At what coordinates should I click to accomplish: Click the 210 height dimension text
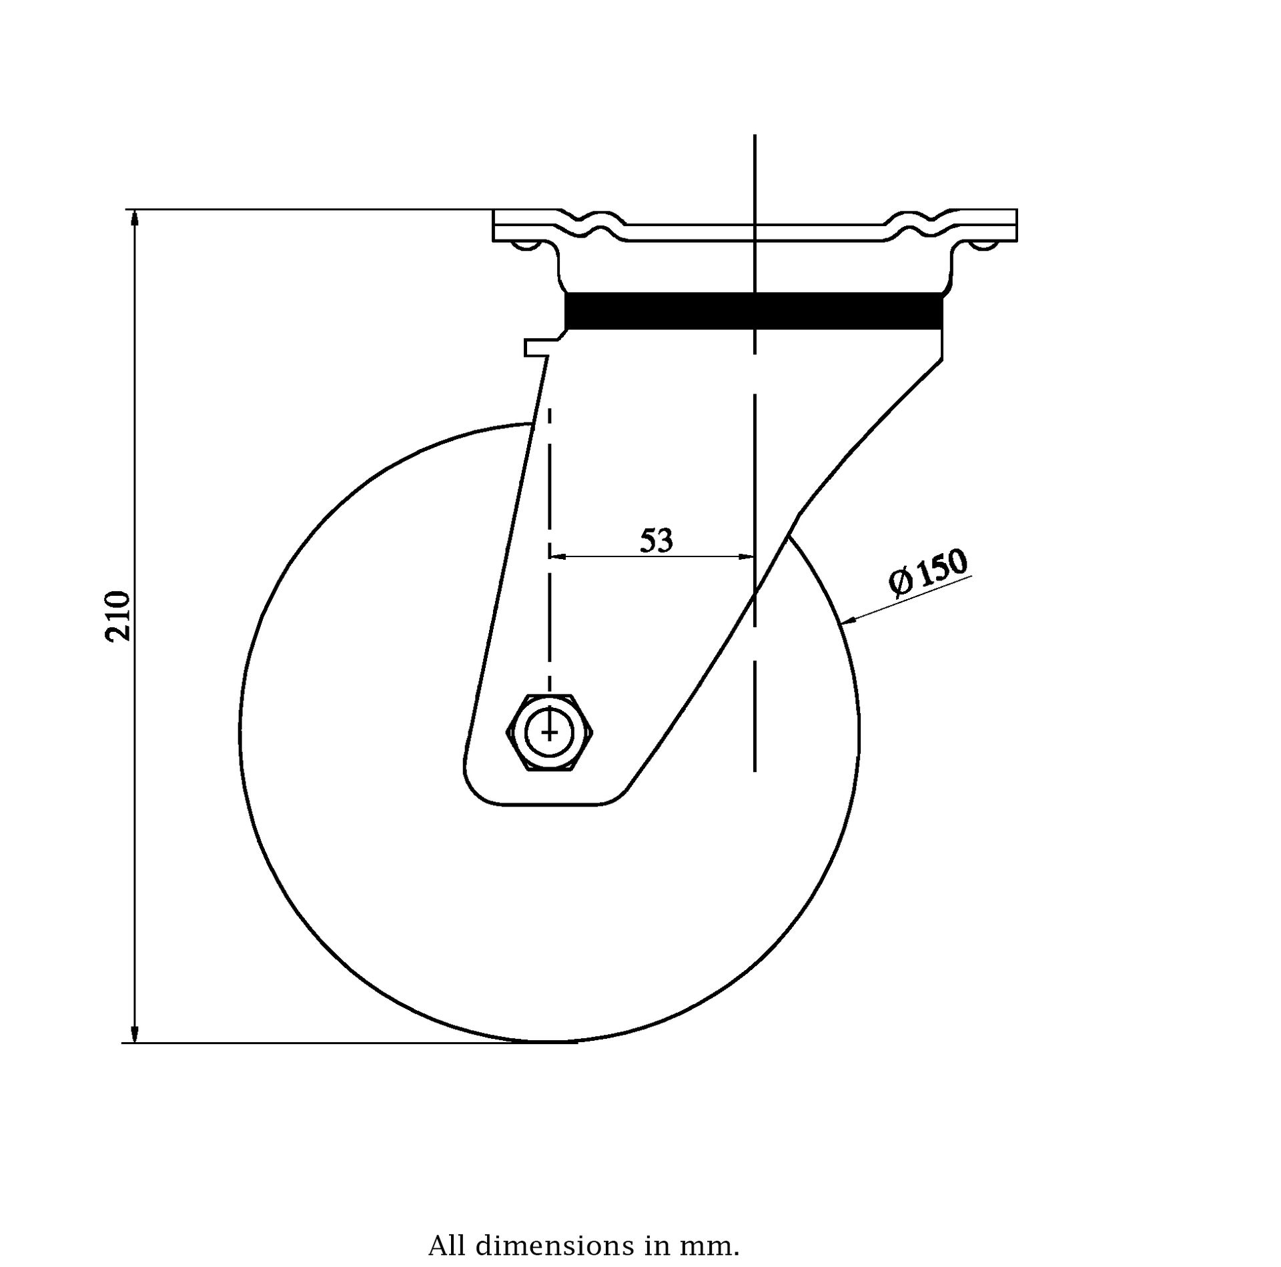[x=117, y=616]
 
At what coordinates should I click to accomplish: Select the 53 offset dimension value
[x=657, y=540]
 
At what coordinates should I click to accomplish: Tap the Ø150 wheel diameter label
[x=928, y=572]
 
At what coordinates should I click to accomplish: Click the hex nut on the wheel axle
[x=550, y=733]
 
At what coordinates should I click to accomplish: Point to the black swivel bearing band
[x=754, y=311]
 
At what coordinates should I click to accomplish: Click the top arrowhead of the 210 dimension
[x=135, y=221]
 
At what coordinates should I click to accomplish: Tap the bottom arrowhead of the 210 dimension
[x=135, y=1030]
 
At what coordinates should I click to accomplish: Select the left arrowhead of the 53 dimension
[x=558, y=556]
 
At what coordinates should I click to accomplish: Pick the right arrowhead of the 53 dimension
[x=745, y=556]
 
